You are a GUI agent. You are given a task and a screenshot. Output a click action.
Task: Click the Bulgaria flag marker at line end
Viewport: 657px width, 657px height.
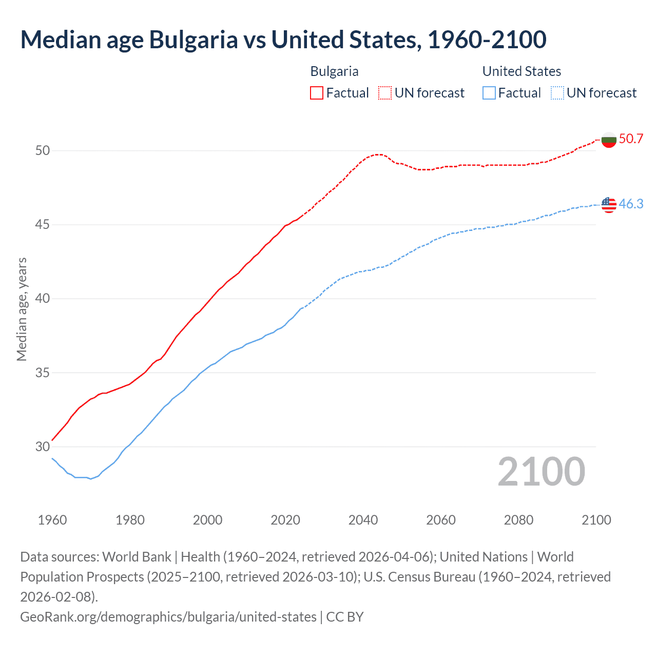[609, 140]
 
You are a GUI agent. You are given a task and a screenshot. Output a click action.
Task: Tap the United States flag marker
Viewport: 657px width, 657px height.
[609, 204]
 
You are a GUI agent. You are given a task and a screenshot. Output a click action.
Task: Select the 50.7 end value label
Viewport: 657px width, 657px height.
[631, 139]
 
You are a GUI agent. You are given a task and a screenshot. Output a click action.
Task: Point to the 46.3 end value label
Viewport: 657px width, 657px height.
[631, 204]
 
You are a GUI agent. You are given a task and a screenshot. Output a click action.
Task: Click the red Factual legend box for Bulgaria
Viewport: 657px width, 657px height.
[317, 93]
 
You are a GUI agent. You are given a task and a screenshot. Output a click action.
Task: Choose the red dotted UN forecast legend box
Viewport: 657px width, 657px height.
[385, 93]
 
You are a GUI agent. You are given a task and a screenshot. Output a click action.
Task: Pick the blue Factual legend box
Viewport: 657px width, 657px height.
[489, 93]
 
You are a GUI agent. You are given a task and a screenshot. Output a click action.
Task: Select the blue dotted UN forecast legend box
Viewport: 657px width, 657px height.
[557, 93]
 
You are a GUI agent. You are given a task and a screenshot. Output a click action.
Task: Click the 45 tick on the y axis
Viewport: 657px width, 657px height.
[43, 225]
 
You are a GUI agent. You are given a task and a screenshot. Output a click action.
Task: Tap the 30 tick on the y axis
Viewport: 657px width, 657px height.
[43, 447]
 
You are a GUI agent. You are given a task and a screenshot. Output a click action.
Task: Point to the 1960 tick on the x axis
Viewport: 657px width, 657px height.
[52, 520]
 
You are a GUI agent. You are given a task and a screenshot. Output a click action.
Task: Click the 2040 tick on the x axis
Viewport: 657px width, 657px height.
[363, 520]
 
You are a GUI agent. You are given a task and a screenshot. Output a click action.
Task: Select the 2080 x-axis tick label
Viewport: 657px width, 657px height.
[519, 520]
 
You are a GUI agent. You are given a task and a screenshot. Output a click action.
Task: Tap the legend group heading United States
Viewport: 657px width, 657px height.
[521, 71]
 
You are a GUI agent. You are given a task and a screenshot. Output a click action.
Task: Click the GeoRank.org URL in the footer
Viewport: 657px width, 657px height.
[168, 616]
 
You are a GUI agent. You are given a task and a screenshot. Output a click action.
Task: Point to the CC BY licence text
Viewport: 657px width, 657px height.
[345, 616]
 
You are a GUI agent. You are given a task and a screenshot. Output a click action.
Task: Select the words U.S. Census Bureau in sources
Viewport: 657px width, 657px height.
[419, 577]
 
